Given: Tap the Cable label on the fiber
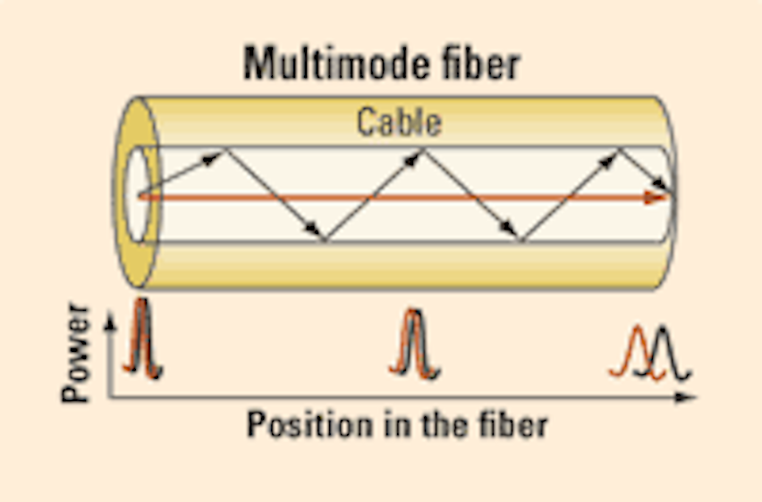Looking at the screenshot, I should pos(399,122).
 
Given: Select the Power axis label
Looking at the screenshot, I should pos(79,352).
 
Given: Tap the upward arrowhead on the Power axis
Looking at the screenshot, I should pos(110,319).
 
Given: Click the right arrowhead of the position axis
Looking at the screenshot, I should pos(696,396).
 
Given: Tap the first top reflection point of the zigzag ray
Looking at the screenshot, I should pos(226,150).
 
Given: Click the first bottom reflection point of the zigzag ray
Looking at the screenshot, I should pos(326,240).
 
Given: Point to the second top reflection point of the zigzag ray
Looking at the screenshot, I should pos(423,150).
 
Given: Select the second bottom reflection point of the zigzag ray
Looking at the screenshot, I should pos(521,240).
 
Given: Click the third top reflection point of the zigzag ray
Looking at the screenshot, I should pos(619,150).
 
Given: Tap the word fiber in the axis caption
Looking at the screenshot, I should pos(518,423).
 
